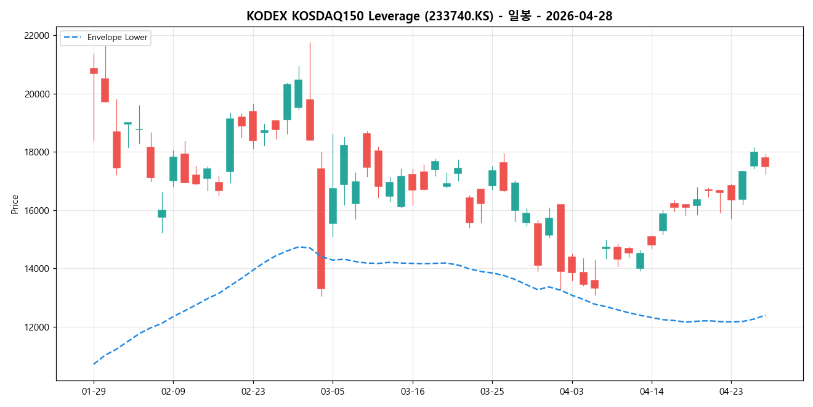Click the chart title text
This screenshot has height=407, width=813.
[429, 16]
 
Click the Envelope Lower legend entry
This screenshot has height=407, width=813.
[117, 38]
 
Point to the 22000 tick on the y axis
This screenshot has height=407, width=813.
[36, 36]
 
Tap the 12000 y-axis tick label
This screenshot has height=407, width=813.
[36, 327]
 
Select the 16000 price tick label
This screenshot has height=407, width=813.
[36, 211]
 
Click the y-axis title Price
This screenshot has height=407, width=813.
[15, 204]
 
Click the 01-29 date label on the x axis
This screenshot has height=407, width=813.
[94, 391]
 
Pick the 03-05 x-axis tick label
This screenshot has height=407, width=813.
[333, 391]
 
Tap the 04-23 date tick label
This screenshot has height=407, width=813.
[731, 391]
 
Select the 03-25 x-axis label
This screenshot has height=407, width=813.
[492, 391]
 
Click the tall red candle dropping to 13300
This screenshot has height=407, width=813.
[321, 228]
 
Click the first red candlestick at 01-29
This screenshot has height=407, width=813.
[94, 71]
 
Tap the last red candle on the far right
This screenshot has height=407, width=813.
[765, 162]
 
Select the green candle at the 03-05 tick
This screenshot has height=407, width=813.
[333, 205]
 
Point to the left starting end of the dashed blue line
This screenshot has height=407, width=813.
[94, 364]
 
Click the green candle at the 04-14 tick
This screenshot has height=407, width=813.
[663, 222]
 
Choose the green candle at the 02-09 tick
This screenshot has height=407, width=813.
[173, 168]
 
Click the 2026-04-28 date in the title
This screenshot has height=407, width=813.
[578, 16]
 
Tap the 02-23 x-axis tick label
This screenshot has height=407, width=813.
[253, 391]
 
